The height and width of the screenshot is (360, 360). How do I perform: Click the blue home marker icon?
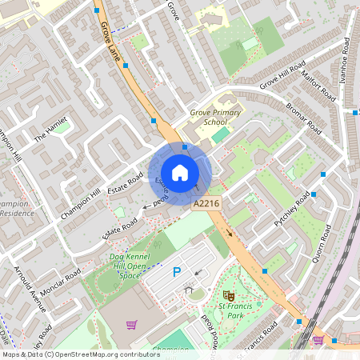coord(180,172)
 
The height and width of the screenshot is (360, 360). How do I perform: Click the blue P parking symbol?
coord(177,272)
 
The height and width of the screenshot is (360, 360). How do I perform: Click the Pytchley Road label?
coord(291,212)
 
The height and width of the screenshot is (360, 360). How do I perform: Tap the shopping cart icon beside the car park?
coord(131,325)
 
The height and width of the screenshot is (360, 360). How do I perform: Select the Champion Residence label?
coord(16,210)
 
